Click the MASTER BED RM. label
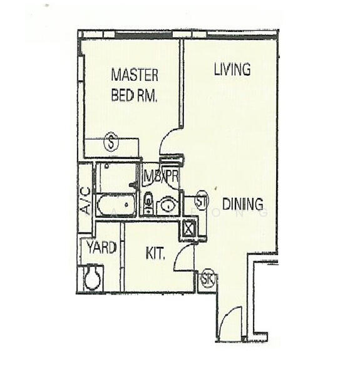click(134, 85)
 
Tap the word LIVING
click(232, 70)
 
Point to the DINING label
click(242, 204)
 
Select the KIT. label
click(155, 254)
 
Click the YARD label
click(101, 248)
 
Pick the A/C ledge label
click(85, 201)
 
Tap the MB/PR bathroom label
click(162, 177)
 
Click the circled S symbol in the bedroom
click(111, 143)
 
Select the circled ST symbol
click(202, 201)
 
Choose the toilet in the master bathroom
click(148, 202)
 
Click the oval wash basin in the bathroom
click(168, 204)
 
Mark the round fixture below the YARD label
click(93, 278)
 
